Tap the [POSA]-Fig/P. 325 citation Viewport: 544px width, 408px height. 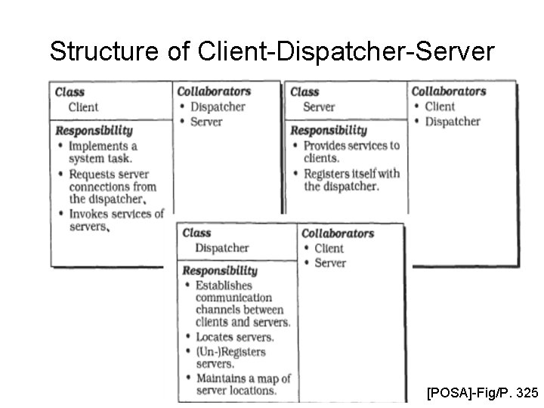482,393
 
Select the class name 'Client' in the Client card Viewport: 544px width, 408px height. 83,107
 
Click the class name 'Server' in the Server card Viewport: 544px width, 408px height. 318,107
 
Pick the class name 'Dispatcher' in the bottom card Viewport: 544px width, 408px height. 221,248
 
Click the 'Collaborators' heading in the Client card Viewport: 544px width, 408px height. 214,91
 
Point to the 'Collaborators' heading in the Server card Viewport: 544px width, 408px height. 449,91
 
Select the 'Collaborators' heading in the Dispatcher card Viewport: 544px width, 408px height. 338,233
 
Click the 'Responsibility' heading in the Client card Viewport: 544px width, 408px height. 94,131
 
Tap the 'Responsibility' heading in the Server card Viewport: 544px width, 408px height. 329,131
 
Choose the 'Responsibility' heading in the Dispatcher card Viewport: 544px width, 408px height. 220,270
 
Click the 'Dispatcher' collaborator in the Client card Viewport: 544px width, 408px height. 218,107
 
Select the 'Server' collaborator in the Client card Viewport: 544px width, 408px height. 206,122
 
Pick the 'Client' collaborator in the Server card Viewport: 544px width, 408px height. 440,107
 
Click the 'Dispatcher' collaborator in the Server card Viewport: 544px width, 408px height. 452,122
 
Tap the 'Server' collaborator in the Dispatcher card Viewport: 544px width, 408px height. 329,263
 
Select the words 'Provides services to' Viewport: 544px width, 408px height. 351,145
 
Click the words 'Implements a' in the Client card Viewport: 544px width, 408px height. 103,146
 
